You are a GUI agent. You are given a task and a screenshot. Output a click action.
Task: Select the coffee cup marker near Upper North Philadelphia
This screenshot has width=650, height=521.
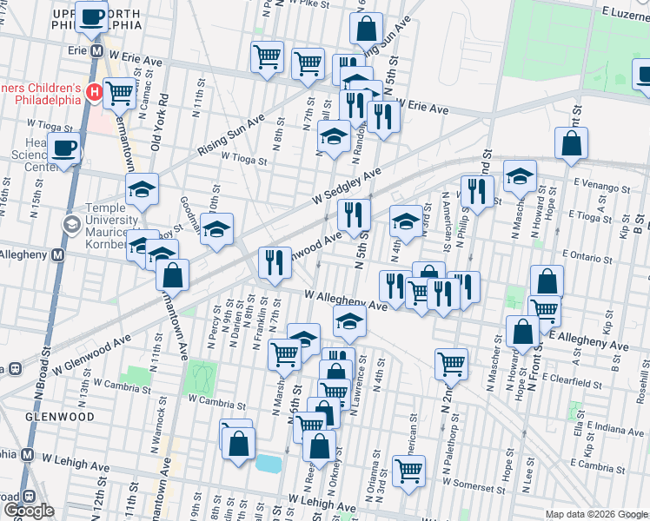click(x=91, y=16)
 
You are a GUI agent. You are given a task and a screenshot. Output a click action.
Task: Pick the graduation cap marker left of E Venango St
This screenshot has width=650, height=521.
click(x=520, y=177)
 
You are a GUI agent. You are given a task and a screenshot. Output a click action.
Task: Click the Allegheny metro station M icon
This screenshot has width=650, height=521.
click(x=57, y=255)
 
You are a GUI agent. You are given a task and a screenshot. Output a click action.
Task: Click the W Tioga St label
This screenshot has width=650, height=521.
click(x=242, y=157)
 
